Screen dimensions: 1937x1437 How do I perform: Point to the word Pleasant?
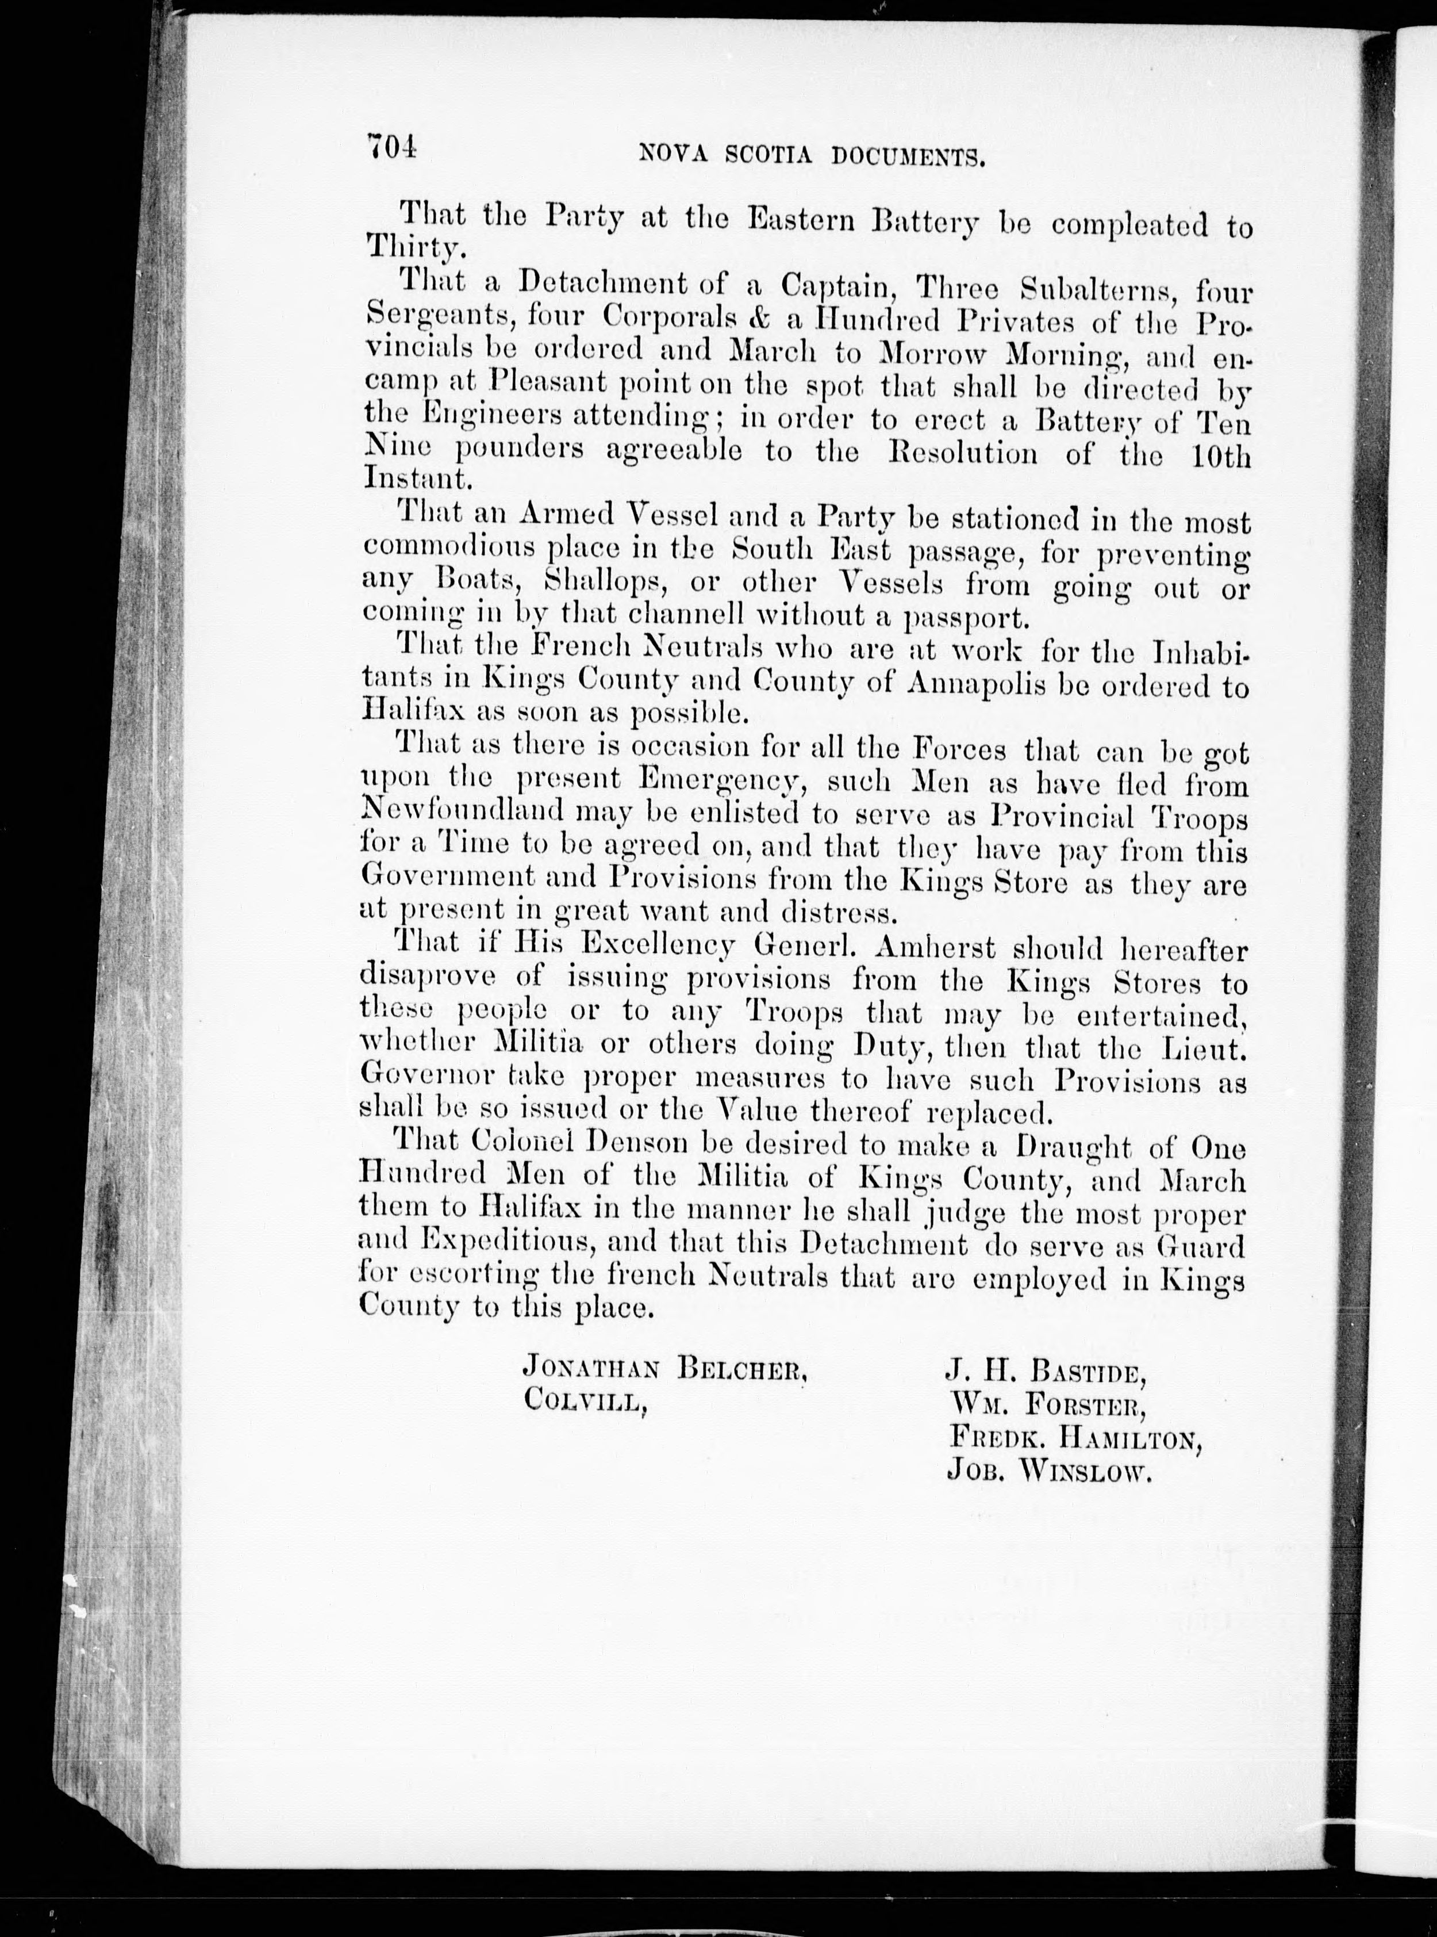(548, 384)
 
